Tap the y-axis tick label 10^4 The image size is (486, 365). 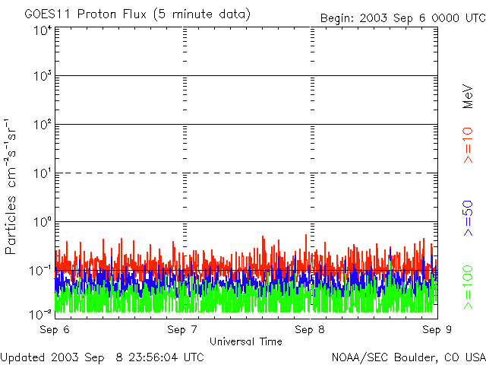[43, 30]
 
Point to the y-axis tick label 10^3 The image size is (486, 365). [43, 78]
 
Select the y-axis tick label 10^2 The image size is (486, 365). [43, 126]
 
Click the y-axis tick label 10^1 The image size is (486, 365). [43, 175]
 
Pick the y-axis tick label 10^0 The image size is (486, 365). [43, 224]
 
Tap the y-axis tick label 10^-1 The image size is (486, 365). [41, 271]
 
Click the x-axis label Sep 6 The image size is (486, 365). [55, 330]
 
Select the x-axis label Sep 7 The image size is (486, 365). [182, 330]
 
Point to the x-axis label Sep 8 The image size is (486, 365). [310, 330]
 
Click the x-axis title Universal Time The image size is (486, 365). [245, 341]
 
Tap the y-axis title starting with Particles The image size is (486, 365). [13, 186]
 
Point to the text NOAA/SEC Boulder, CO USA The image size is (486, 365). [409, 357]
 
